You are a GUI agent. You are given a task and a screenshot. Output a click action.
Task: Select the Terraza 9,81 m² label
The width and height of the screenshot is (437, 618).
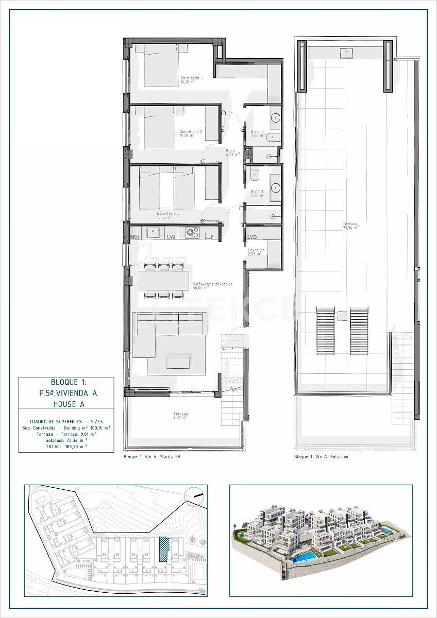(x=180, y=416)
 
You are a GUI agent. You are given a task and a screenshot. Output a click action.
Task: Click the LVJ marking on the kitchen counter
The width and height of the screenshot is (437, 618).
(x=172, y=236)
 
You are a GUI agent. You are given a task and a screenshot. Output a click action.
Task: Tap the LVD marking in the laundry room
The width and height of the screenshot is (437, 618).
(x=252, y=237)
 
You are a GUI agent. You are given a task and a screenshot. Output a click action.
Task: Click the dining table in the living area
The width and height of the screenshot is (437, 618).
(x=163, y=280)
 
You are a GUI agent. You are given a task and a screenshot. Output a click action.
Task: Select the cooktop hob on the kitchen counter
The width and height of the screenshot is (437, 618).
(x=193, y=233)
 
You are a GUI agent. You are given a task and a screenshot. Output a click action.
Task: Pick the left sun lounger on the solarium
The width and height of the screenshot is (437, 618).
(x=325, y=331)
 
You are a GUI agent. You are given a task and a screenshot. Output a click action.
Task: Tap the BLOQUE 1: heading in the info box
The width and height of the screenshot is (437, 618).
(x=69, y=382)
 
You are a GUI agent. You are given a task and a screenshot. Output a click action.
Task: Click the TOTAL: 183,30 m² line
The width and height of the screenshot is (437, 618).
(x=66, y=447)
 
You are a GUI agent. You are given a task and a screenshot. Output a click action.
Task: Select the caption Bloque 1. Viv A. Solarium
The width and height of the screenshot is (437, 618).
(x=321, y=457)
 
